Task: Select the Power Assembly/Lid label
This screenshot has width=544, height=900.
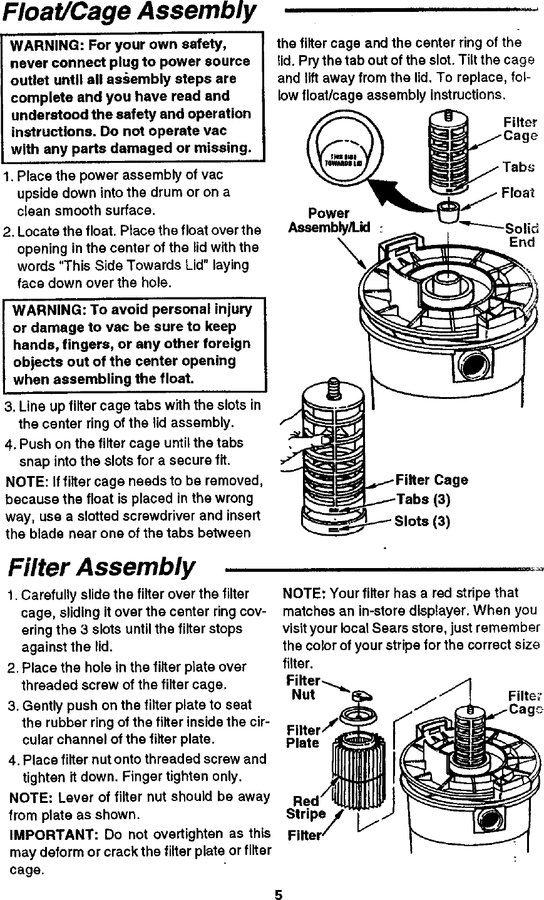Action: (329, 220)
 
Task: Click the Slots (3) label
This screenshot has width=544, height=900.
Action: (422, 521)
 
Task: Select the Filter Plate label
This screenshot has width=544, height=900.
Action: (302, 737)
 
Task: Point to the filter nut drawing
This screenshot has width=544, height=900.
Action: (362, 695)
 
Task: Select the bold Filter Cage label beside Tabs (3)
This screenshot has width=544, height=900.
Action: (431, 480)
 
